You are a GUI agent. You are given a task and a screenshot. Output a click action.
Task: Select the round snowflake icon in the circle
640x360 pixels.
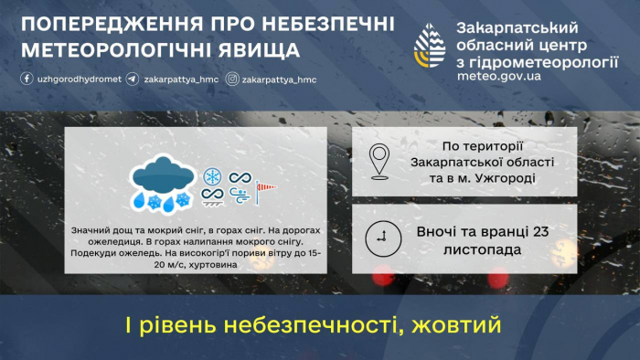pyautogui.click(x=213, y=175)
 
